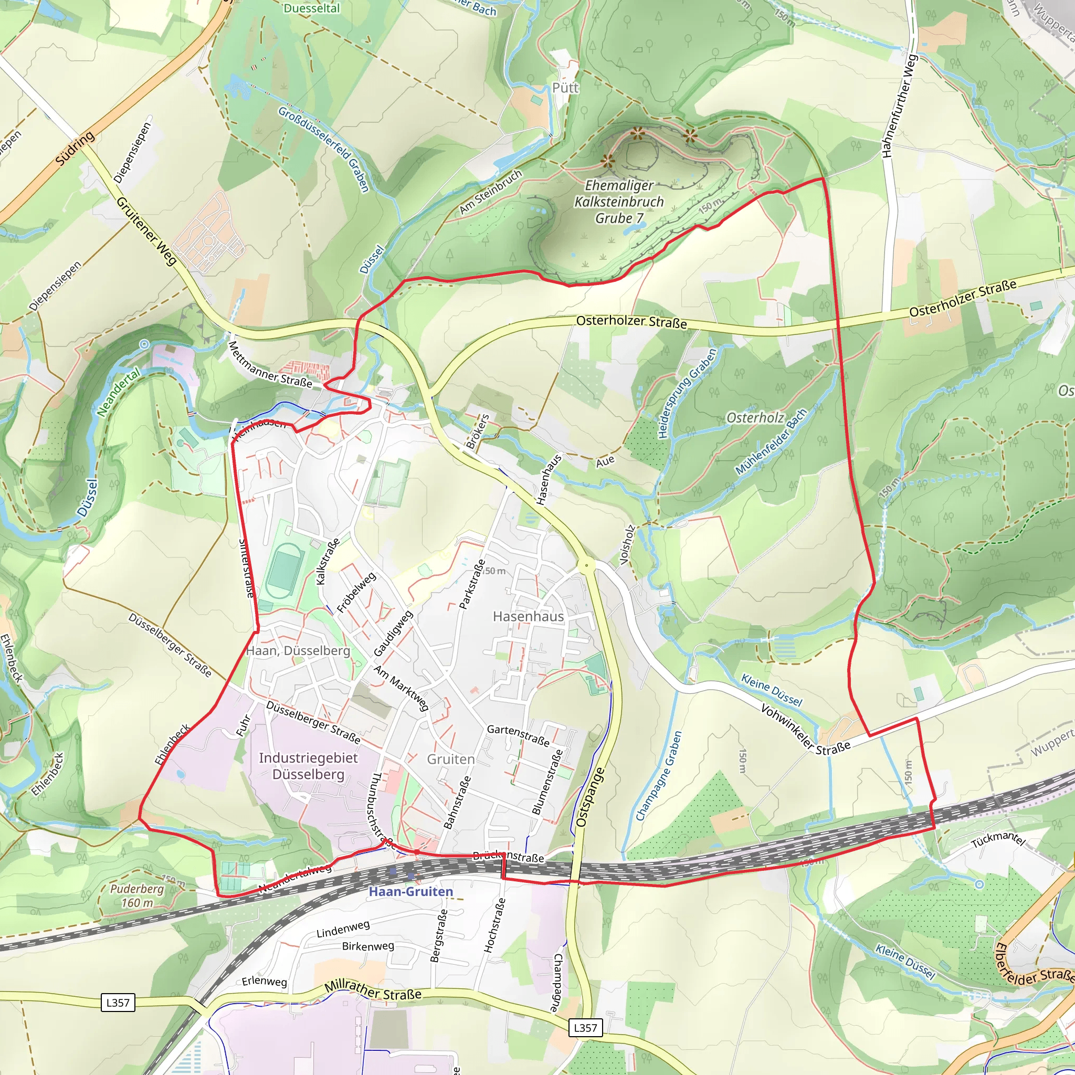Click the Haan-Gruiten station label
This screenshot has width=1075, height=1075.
point(410,891)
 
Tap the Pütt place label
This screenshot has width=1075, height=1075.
point(565,88)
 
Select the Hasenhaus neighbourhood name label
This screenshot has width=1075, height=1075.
point(528,617)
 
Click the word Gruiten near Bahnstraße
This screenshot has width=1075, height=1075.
point(451,760)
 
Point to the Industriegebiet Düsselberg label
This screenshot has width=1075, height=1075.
point(308,766)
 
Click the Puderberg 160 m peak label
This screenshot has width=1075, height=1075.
point(136,895)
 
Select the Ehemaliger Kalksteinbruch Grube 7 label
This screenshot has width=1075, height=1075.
point(619,202)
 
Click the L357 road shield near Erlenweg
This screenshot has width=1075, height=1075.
point(118,1003)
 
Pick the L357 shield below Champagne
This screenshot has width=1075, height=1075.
point(585,1028)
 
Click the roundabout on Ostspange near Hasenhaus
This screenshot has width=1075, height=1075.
point(585,566)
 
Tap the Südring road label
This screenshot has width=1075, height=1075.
point(75,149)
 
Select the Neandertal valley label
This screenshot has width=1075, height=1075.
point(119,393)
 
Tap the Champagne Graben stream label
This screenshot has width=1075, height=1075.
point(659,776)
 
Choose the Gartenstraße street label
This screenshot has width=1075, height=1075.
point(518,735)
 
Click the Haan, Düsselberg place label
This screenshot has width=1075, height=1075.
point(298,651)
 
